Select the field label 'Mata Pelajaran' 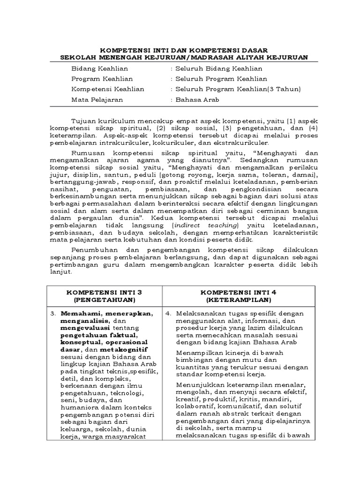(x=97, y=99)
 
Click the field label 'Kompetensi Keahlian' (x=107, y=89)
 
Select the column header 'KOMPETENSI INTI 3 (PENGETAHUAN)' (x=104, y=295)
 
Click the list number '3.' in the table (x=53, y=313)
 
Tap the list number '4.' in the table (x=168, y=313)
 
